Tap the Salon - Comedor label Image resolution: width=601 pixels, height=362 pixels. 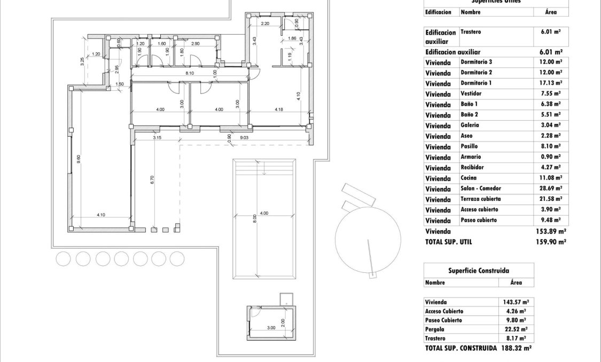click(x=481, y=188)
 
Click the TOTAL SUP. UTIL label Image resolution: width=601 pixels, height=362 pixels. click(x=449, y=241)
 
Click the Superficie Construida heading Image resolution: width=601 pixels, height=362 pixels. click(x=478, y=271)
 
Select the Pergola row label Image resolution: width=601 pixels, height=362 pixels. click(x=435, y=329)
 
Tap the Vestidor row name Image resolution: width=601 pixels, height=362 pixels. click(x=471, y=93)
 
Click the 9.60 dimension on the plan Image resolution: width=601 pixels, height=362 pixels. click(x=79, y=159)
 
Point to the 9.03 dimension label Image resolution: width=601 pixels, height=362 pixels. click(x=244, y=138)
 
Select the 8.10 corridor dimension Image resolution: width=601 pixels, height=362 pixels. click(x=189, y=73)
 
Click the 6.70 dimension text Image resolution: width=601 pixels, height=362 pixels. click(x=152, y=180)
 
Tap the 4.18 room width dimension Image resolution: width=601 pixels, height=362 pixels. click(x=278, y=109)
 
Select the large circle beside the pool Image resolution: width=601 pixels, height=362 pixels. click(x=368, y=235)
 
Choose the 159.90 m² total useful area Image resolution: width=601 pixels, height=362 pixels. click(x=550, y=241)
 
